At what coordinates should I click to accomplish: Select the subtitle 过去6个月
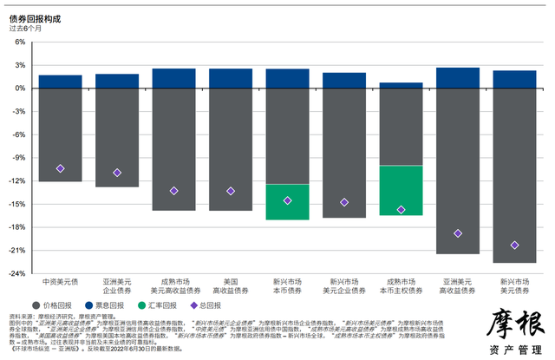27,28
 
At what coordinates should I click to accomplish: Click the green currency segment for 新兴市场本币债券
287,201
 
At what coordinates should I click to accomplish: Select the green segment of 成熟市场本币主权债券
401,190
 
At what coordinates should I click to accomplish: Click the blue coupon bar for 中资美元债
61,82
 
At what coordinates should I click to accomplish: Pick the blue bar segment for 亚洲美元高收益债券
458,78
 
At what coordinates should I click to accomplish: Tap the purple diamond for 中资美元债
61,168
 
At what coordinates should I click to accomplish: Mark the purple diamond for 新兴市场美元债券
515,245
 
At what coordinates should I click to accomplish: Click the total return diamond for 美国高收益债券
231,191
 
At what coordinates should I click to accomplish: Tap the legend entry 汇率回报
158,305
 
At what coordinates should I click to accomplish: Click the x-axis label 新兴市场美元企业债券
344,286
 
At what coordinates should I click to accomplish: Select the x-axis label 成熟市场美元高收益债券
173,286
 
